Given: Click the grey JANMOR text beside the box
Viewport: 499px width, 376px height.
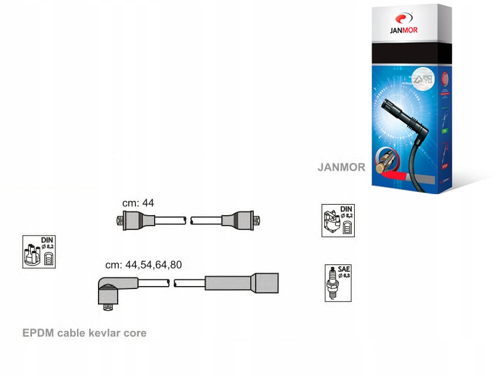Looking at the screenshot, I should pyautogui.click(x=341, y=167).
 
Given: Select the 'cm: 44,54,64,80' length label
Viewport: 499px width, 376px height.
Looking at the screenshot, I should pyautogui.click(x=144, y=265).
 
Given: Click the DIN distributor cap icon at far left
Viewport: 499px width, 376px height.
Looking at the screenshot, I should pyautogui.click(x=38, y=251).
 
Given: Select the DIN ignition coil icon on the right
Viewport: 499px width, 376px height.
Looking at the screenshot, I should pyautogui.click(x=339, y=221).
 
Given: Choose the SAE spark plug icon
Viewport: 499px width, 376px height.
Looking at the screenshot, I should pyautogui.click(x=338, y=284).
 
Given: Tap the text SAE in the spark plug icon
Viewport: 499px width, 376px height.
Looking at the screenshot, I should pyautogui.click(x=344, y=270).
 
